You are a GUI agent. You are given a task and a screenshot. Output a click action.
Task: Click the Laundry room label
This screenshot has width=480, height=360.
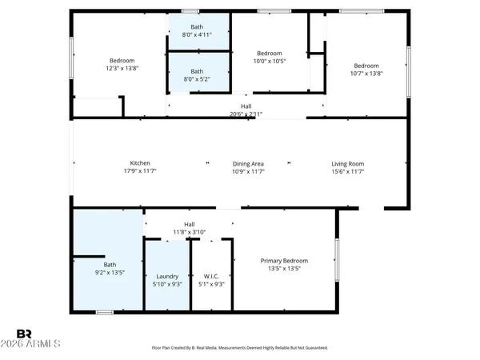(x=167, y=277)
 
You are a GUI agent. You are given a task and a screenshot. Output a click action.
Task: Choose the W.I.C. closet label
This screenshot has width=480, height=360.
(x=212, y=277)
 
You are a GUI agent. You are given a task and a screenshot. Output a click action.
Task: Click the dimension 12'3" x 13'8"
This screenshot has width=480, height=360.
(x=122, y=68)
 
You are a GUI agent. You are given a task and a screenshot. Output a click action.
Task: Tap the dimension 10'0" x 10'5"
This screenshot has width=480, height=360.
(x=248, y=61)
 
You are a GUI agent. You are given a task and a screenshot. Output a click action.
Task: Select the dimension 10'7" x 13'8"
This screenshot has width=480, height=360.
(x=366, y=74)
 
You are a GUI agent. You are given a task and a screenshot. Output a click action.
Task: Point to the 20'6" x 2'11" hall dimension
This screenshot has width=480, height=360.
(x=246, y=114)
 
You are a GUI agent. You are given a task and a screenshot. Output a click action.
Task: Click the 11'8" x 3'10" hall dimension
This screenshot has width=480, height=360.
(x=190, y=232)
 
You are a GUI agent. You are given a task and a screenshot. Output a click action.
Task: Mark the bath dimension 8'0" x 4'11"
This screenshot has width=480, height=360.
(x=197, y=34)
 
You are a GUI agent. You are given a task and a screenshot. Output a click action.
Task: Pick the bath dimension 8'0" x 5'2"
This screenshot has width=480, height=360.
(x=197, y=79)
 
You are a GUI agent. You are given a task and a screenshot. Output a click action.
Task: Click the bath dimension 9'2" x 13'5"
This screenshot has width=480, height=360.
(x=110, y=272)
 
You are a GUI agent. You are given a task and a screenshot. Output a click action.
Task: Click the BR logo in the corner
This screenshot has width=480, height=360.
(x=25, y=333)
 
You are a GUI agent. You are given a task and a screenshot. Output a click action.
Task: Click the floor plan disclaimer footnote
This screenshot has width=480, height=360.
(x=239, y=348)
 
